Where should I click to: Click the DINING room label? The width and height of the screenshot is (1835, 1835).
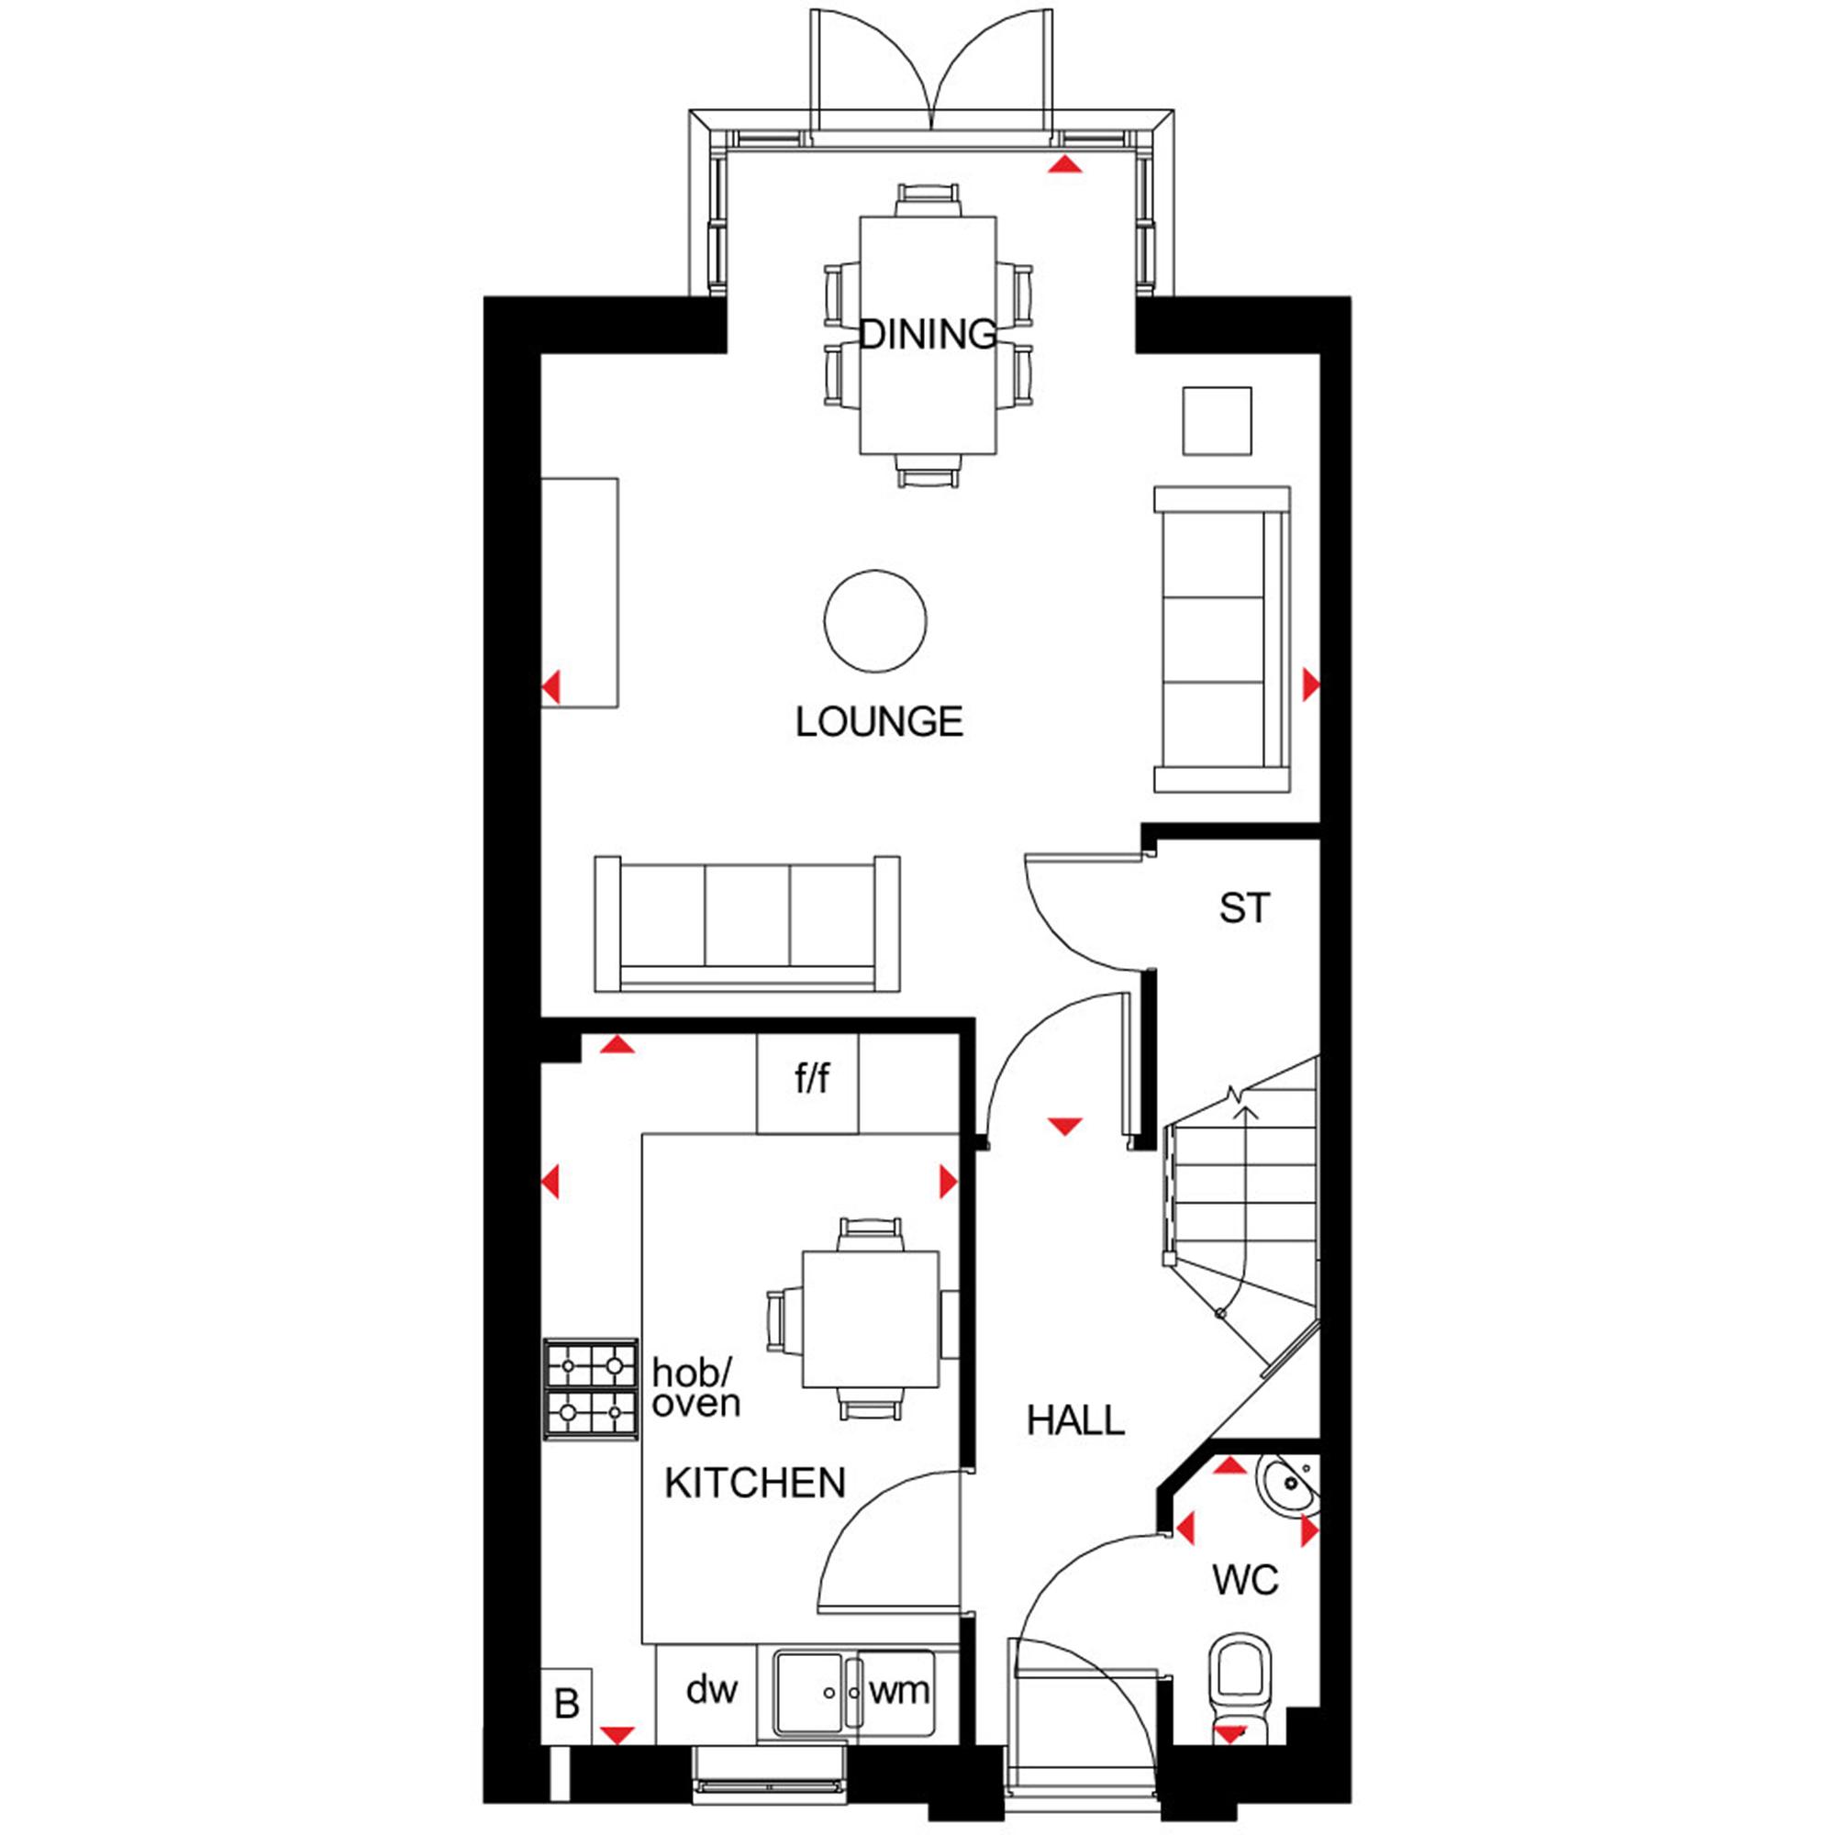[x=928, y=334]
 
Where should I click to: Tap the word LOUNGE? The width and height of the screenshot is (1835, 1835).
[x=879, y=723]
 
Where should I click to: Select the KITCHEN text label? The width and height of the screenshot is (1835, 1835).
[x=755, y=1484]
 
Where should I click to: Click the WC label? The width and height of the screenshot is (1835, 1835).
[x=1245, y=1581]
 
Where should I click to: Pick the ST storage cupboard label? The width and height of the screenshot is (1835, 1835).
[x=1244, y=909]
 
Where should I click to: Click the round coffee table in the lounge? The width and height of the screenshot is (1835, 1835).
[x=874, y=621]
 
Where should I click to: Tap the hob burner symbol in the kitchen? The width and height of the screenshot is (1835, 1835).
[x=591, y=1388]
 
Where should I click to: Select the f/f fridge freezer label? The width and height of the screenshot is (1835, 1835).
[x=812, y=1079]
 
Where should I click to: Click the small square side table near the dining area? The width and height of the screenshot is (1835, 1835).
[x=1217, y=421]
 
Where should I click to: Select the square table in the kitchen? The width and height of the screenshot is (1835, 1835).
[x=871, y=1319]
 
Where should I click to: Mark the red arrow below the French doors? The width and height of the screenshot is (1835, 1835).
[x=1064, y=165]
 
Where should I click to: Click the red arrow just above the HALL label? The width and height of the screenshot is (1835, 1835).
[x=1064, y=1128]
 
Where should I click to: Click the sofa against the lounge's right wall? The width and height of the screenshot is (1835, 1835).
[x=1222, y=639]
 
